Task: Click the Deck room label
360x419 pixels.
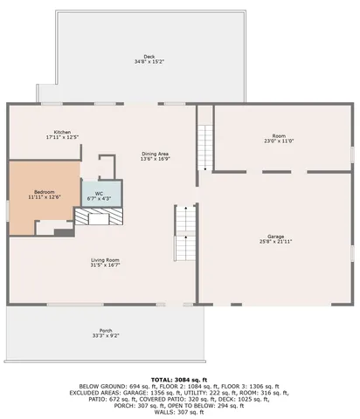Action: pyautogui.click(x=149, y=57)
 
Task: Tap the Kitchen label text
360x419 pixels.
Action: pyautogui.click(x=62, y=132)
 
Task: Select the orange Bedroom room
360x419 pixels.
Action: pyautogui.click(x=42, y=196)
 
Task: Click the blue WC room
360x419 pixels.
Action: pyautogui.click(x=101, y=193)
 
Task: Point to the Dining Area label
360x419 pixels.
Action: pyautogui.click(x=156, y=155)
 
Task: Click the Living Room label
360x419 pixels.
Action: pyautogui.click(x=105, y=259)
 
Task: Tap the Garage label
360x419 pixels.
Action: pyautogui.click(x=276, y=236)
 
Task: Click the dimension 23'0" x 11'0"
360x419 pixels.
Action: pyautogui.click(x=279, y=141)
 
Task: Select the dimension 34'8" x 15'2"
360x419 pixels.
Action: pyautogui.click(x=149, y=62)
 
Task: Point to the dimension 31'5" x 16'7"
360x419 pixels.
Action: pyautogui.click(x=105, y=264)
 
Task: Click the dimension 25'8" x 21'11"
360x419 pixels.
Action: pyautogui.click(x=276, y=241)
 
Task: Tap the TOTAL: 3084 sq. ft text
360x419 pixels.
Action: pyautogui.click(x=179, y=380)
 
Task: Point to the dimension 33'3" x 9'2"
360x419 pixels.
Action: pyautogui.click(x=106, y=336)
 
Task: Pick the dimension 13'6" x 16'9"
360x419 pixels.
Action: pyautogui.click(x=156, y=160)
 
